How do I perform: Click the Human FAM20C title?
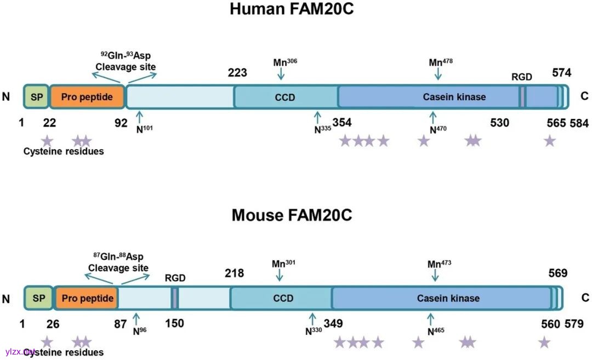[291, 9]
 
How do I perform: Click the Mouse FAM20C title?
[292, 215]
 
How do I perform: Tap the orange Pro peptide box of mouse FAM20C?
[87, 298]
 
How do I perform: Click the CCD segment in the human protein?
[285, 98]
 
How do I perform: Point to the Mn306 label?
[283, 62]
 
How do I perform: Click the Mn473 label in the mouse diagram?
[439, 264]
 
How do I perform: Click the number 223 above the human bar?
[237, 73]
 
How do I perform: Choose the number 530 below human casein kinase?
[499, 123]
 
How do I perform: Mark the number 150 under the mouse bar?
[174, 323]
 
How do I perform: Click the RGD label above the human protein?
[522, 77]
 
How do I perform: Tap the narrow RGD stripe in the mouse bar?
[175, 298]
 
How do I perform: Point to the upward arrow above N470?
[434, 117]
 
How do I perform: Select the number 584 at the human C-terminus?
[579, 123]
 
